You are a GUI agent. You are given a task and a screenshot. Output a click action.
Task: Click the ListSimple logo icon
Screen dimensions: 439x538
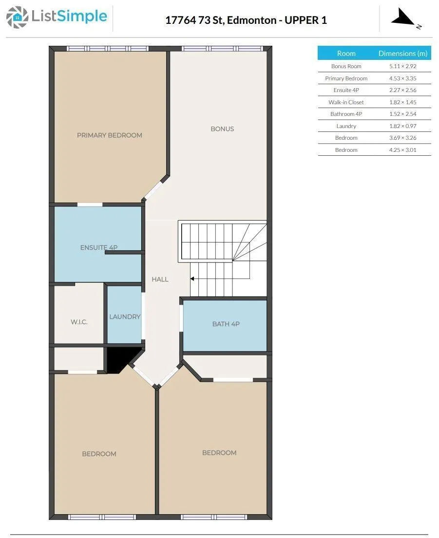(17, 17)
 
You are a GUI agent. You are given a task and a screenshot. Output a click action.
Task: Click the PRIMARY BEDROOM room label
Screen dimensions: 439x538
(110, 135)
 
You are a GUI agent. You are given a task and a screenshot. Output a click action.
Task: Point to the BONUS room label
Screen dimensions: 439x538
(222, 129)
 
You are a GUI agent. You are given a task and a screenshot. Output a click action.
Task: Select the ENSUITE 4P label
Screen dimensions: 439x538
(99, 247)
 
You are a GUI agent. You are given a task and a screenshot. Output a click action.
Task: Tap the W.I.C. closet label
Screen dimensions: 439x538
(79, 322)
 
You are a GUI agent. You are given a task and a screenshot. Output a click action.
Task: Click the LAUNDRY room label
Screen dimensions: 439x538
(125, 316)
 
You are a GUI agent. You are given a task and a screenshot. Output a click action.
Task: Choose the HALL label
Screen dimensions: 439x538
(160, 279)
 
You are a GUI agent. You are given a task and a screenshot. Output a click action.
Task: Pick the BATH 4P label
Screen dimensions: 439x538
(226, 324)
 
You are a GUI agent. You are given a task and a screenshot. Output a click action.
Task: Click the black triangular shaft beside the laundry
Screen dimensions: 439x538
(120, 358)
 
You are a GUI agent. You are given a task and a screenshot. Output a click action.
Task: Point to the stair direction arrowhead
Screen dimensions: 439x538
(192, 278)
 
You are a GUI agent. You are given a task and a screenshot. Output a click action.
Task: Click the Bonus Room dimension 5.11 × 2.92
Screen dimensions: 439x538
(402, 66)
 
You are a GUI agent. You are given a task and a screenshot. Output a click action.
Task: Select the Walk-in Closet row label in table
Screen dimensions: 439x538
(346, 102)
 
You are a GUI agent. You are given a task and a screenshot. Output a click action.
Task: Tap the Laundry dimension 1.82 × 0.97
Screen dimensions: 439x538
(402, 126)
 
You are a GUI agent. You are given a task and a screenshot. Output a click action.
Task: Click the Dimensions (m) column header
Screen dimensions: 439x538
(402, 53)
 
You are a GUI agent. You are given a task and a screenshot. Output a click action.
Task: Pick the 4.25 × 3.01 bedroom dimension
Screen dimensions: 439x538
(402, 150)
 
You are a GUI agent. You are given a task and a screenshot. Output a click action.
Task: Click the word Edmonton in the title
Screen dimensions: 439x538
(251, 20)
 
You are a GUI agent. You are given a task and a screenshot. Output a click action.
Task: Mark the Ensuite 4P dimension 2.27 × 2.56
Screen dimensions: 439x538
(402, 90)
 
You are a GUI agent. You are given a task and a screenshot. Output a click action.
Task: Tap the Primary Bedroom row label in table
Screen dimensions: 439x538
(346, 78)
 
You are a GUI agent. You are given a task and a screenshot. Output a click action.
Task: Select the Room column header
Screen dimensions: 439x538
(346, 53)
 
